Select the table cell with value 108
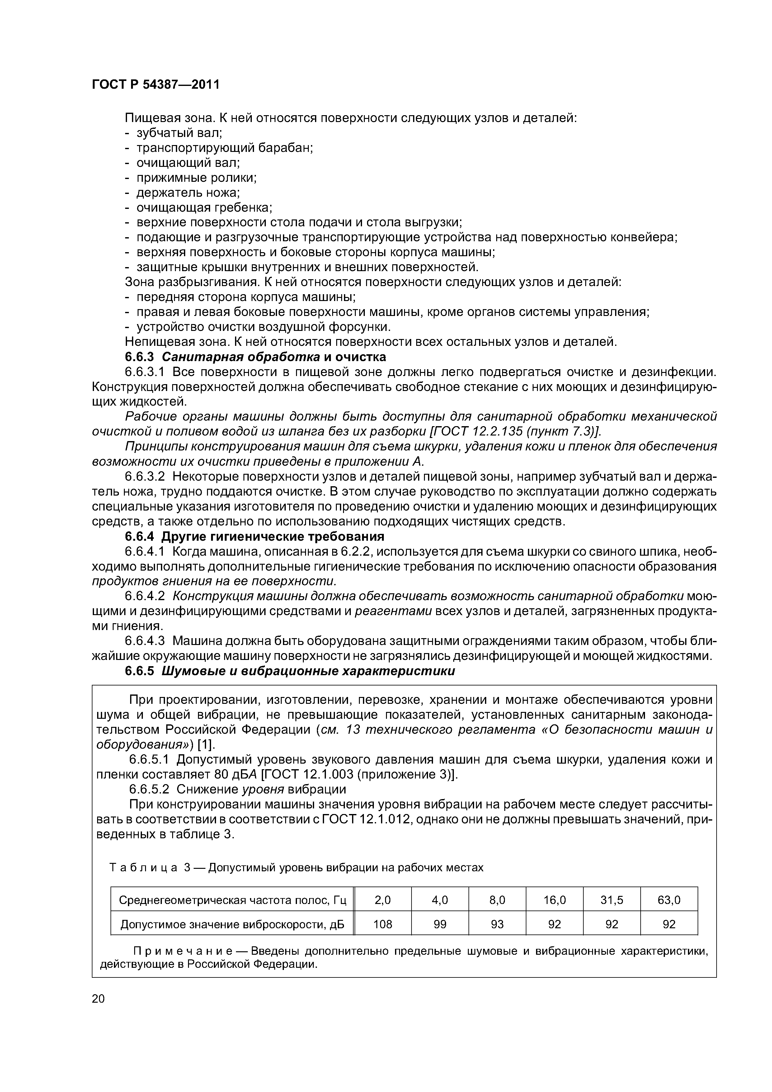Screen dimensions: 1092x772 click(383, 924)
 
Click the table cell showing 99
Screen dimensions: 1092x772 click(440, 924)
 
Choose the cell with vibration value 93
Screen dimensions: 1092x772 click(497, 924)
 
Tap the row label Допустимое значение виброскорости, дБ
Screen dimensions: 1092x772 click(232, 924)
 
